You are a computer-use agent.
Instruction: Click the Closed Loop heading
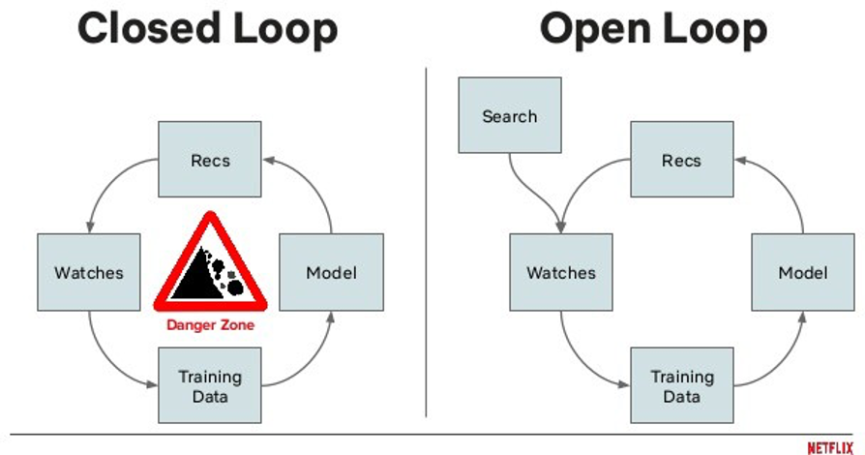[207, 29]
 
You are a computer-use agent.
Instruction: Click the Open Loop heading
[653, 29]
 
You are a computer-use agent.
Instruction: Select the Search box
[509, 116]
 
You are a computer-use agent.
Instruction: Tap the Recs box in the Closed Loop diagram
[209, 160]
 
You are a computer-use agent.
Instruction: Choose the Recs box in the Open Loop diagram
[681, 160]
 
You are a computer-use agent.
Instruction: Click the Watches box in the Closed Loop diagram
[88, 272]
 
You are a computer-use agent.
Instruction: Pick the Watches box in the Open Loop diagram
[561, 272]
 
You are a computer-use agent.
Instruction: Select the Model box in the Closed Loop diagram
[331, 272]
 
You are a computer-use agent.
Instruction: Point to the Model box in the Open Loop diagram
[803, 272]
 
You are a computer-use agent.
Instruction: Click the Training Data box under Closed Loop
[209, 385]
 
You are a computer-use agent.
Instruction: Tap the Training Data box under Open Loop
[681, 385]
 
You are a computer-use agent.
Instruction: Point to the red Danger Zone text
[210, 325]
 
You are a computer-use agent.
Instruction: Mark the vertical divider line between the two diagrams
[427, 242]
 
